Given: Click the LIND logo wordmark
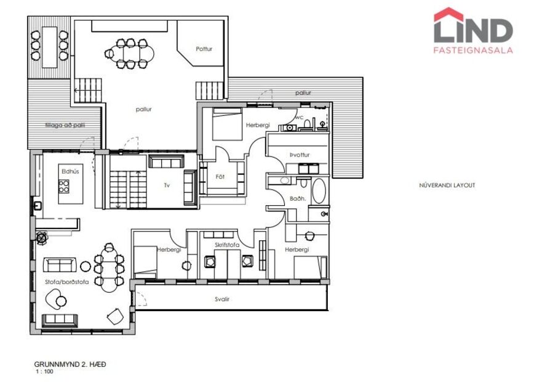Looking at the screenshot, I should (x=472, y=30).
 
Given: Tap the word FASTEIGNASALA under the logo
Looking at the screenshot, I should (x=472, y=51).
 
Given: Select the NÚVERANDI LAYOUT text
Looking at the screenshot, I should (x=447, y=185).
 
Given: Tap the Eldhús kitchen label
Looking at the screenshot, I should (x=70, y=172).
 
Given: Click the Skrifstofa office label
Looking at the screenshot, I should (x=227, y=245).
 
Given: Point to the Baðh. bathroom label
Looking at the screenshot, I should (x=298, y=198).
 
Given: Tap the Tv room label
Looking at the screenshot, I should (x=166, y=185).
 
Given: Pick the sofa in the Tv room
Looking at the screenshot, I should (x=166, y=163).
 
